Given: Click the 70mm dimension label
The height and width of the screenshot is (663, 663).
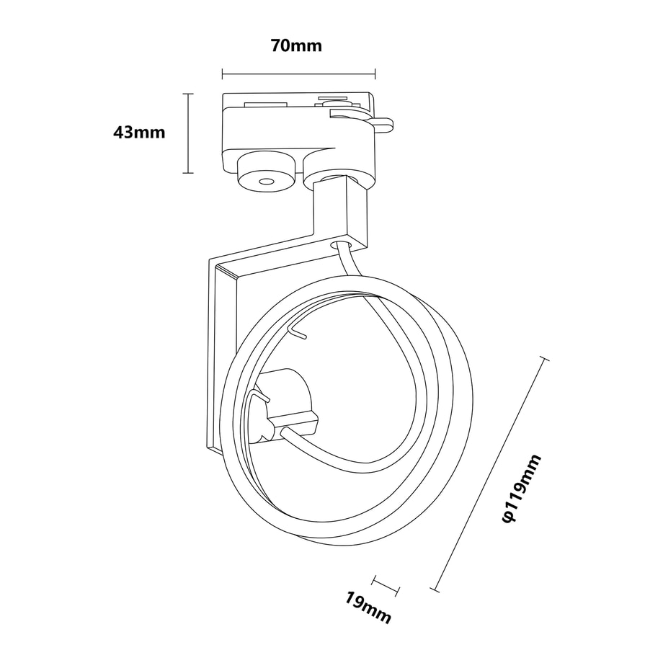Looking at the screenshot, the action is pyautogui.click(x=296, y=45).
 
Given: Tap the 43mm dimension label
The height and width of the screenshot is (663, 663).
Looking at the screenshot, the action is pyautogui.click(x=139, y=133).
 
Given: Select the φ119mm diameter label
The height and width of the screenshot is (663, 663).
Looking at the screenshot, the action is pyautogui.click(x=521, y=489).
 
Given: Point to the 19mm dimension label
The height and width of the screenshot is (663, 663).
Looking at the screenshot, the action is pyautogui.click(x=367, y=608).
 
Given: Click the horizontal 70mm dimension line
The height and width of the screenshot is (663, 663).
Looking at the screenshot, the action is pyautogui.click(x=298, y=74).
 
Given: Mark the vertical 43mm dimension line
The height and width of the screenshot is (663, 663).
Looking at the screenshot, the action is pyautogui.click(x=188, y=133).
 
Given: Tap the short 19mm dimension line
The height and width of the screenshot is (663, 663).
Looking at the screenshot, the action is pyautogui.click(x=386, y=586).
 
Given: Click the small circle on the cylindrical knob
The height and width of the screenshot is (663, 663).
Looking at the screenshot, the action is pyautogui.click(x=266, y=182).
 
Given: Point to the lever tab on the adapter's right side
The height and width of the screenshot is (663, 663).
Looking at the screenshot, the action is pyautogui.click(x=383, y=124).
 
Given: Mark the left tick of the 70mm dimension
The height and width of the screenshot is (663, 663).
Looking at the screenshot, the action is pyautogui.click(x=223, y=74).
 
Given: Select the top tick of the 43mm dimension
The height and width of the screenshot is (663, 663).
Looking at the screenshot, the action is pyautogui.click(x=188, y=94).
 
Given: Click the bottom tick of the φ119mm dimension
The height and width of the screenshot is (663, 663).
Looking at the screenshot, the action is pyautogui.click(x=435, y=589).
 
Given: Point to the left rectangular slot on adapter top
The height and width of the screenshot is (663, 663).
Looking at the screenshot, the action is pyautogui.click(x=266, y=103).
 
